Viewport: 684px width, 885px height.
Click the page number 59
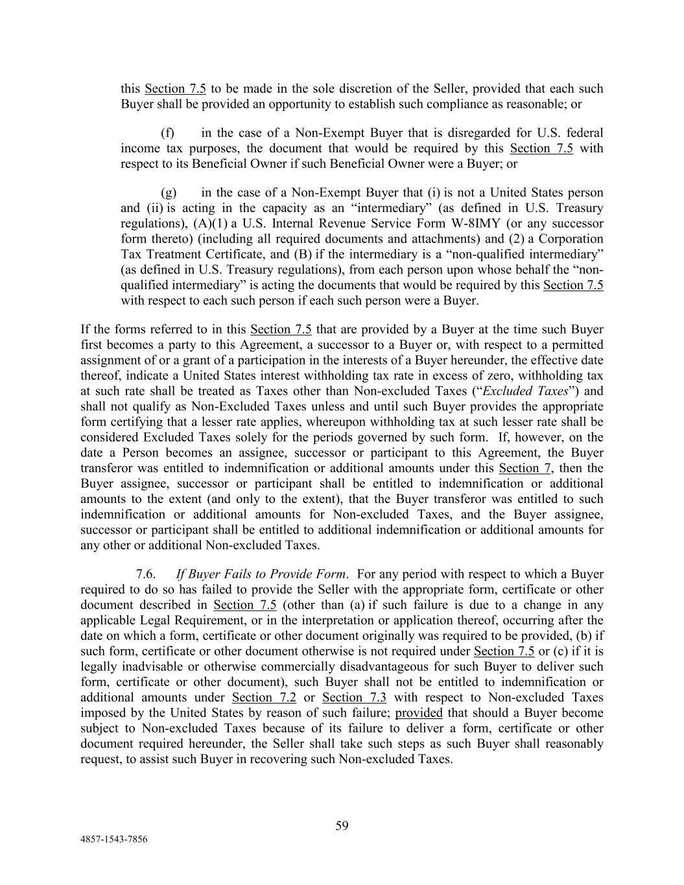[342, 825]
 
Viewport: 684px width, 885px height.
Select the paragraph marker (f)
[168, 133]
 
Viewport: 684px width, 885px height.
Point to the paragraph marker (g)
[169, 193]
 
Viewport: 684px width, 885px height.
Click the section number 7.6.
[146, 574]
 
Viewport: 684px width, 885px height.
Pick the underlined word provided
[419, 713]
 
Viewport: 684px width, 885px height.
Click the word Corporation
[572, 239]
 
